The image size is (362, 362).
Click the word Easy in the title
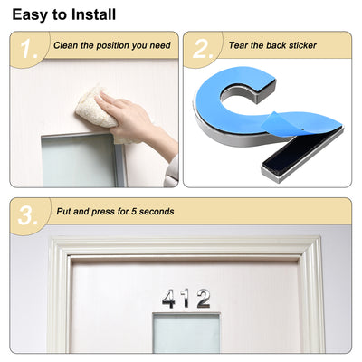click(x=33, y=14)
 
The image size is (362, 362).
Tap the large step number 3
click(x=28, y=216)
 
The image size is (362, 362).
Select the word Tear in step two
click(x=238, y=44)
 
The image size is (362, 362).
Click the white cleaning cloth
click(x=94, y=108)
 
